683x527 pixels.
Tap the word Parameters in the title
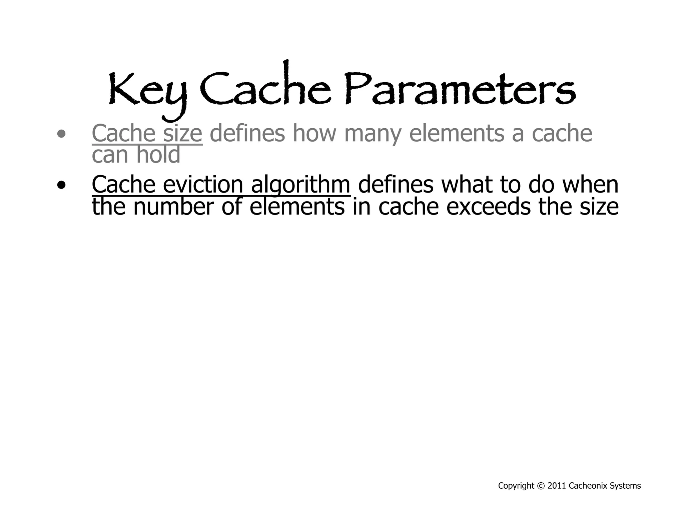point(460,89)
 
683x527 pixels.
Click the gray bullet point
point(61,134)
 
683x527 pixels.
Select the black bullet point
point(61,185)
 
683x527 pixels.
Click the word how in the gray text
point(314,133)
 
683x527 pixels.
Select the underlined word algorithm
point(300,185)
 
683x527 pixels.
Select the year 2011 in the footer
point(557,486)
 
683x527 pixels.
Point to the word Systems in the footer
point(625,486)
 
